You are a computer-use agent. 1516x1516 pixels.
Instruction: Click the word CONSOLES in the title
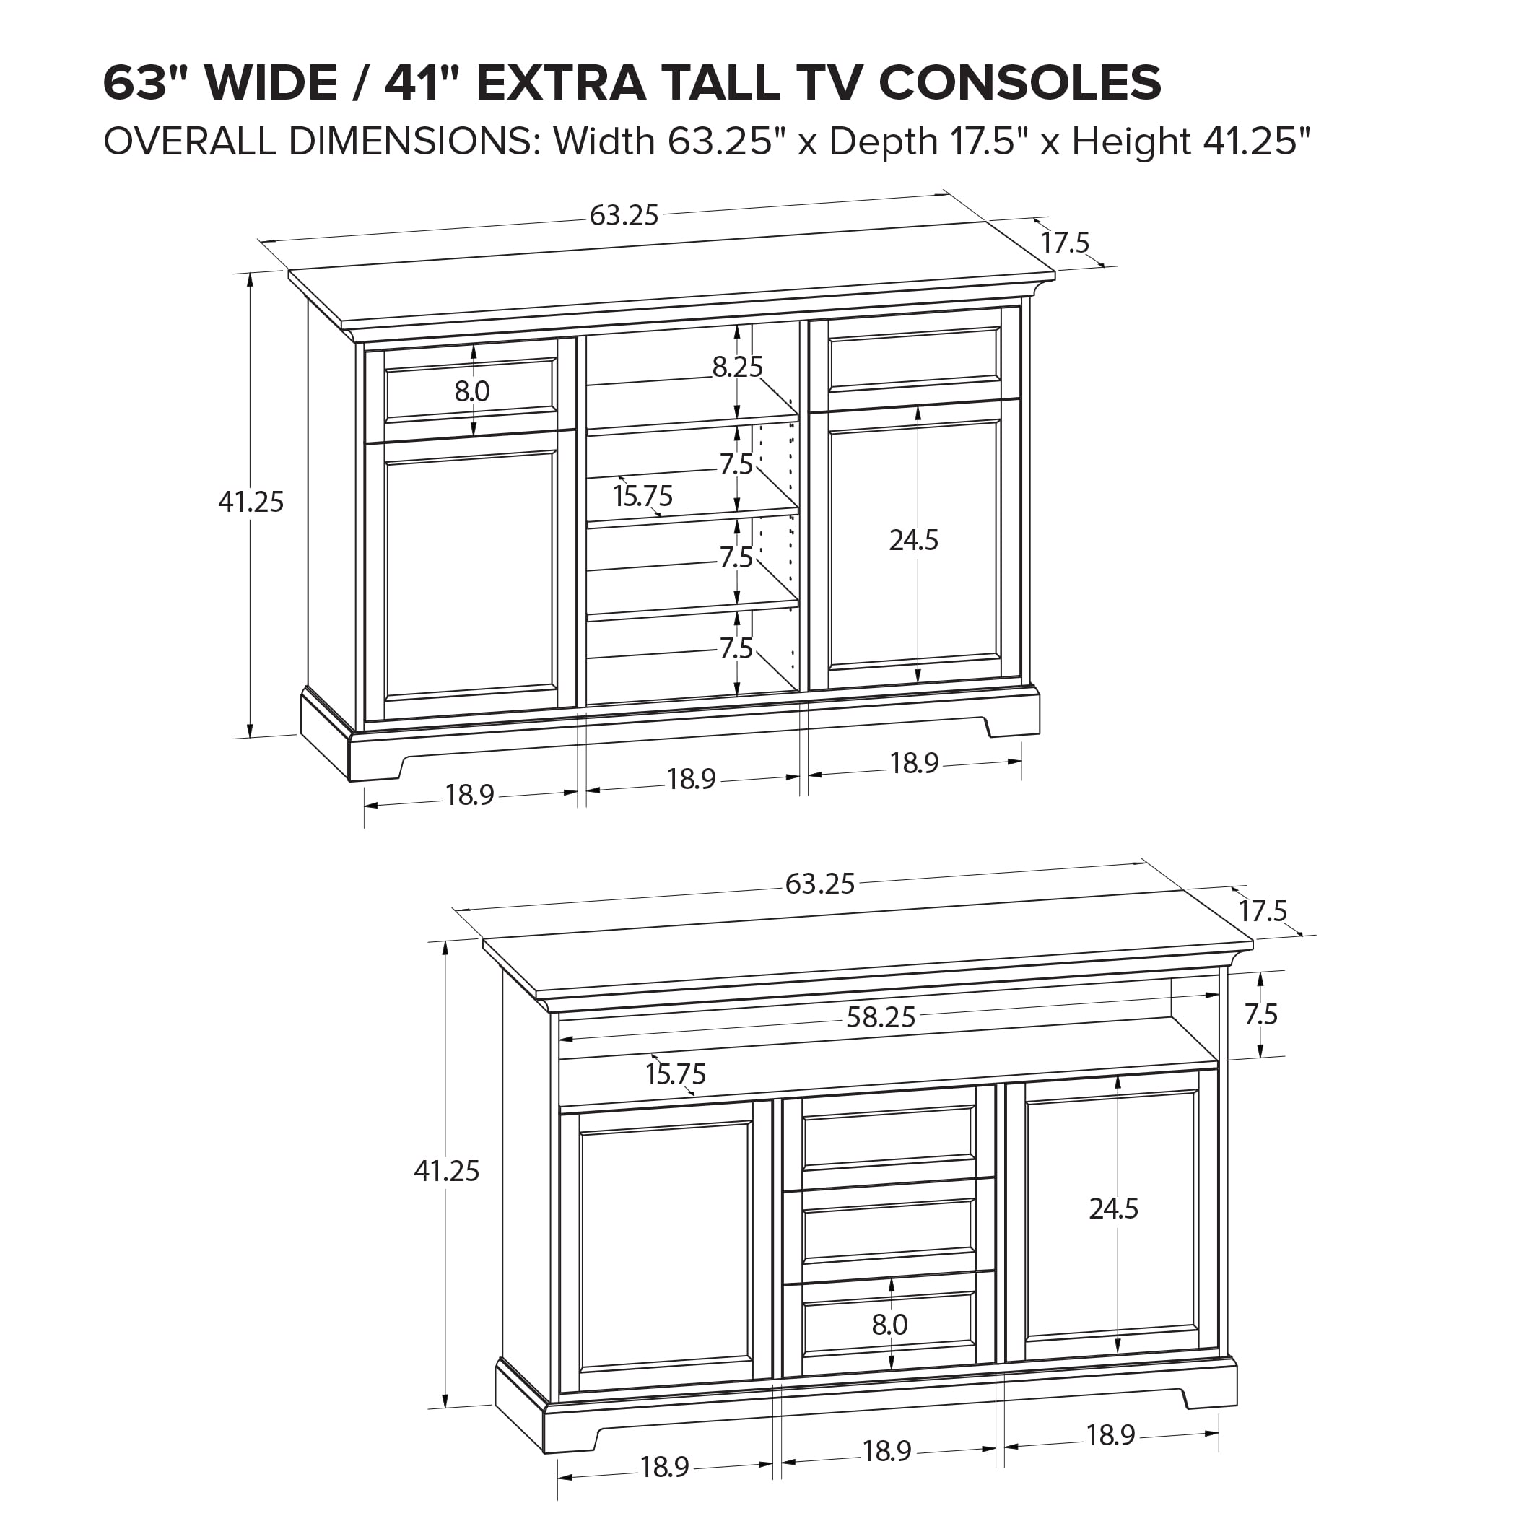point(1019,83)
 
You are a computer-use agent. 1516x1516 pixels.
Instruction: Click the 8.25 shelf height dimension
point(737,367)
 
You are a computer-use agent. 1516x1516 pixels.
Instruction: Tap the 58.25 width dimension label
point(881,1018)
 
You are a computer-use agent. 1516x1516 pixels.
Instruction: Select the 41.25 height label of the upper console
point(251,502)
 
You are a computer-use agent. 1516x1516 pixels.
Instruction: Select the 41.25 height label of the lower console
point(446,1172)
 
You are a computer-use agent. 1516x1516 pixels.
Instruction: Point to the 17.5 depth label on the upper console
point(1065,243)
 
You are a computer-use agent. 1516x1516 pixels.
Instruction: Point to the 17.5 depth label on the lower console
point(1263,912)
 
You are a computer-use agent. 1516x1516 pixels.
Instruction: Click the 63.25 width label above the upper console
point(624,216)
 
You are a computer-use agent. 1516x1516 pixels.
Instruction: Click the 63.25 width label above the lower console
point(819,884)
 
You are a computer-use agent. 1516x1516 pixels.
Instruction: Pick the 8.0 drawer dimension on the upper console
point(471,391)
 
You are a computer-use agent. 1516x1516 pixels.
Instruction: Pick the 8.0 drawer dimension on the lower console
point(889,1325)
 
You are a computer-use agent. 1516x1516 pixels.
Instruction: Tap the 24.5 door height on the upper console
point(913,540)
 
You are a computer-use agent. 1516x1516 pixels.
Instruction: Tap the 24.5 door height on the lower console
point(1112,1209)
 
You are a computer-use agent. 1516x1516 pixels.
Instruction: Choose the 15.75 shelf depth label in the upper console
point(642,496)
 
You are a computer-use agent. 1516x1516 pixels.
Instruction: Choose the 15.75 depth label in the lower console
point(676,1073)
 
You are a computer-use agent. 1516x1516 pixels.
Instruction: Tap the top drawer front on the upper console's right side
point(914,359)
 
